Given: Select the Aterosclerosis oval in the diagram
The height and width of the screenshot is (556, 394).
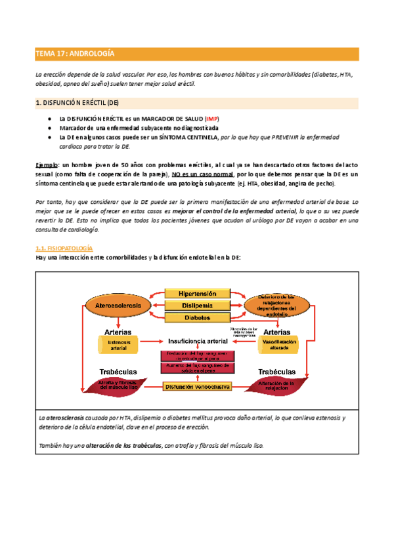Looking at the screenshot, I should tap(116, 306).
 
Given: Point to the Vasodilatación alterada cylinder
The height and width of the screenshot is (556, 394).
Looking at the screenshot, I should tap(278, 345).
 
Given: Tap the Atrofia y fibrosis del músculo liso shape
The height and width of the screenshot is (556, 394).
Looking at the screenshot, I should tap(118, 385).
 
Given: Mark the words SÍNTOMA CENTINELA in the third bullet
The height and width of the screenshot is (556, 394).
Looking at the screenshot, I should tap(188, 138).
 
